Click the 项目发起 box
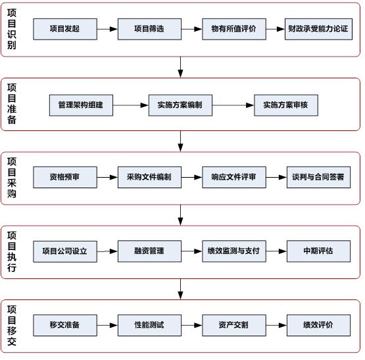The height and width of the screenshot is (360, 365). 64,29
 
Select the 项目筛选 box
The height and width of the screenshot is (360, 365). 149,29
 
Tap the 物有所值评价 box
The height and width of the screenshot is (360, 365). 233,29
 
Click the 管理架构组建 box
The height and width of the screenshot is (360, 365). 81,105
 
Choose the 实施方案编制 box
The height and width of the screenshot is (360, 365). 180,105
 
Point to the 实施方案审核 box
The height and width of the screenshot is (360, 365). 285,105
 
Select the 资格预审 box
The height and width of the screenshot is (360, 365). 64,178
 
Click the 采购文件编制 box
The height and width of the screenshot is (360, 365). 149,178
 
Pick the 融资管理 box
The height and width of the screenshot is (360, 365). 149,251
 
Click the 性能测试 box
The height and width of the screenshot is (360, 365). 149,325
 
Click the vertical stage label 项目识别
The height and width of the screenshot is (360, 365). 12,29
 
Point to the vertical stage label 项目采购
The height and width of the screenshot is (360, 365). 12,178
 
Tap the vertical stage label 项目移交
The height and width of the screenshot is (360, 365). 12,325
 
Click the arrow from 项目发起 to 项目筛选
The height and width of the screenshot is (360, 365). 107,29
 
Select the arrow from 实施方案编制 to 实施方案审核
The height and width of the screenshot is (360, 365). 233,105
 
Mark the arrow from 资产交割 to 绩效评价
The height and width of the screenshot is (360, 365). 276,325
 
